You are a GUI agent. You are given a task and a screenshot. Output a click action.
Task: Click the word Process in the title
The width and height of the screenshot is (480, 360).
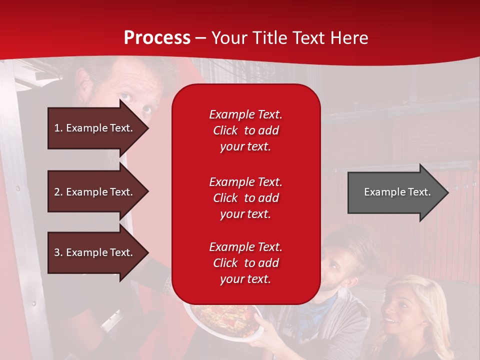click(x=157, y=38)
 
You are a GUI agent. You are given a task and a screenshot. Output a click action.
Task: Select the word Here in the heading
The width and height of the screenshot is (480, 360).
click(x=349, y=37)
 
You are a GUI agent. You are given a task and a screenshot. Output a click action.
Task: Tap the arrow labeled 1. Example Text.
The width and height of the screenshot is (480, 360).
click(x=98, y=128)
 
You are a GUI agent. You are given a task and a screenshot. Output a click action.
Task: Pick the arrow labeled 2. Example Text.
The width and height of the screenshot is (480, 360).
click(x=98, y=191)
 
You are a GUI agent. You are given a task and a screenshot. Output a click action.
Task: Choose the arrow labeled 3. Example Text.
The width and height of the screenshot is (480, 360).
click(x=98, y=252)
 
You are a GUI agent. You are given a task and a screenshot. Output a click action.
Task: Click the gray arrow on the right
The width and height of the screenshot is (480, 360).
click(x=398, y=192)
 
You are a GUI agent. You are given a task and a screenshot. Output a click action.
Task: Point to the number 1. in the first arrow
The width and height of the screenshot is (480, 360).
click(x=58, y=128)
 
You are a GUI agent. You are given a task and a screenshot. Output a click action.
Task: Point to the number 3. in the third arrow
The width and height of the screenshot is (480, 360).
click(x=58, y=252)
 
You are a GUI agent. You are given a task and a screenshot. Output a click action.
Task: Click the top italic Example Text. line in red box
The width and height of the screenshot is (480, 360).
click(x=245, y=114)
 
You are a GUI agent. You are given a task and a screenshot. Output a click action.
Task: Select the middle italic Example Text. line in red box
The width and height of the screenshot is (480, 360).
click(x=245, y=182)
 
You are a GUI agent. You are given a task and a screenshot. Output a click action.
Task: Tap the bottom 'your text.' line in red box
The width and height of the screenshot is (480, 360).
click(x=245, y=279)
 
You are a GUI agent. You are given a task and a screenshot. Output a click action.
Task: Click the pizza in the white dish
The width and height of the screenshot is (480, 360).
click(x=225, y=320)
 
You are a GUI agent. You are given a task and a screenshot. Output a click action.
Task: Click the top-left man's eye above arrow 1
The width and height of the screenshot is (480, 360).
click(x=126, y=97)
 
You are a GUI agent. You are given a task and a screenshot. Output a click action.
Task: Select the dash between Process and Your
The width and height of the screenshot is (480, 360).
click(x=200, y=39)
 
